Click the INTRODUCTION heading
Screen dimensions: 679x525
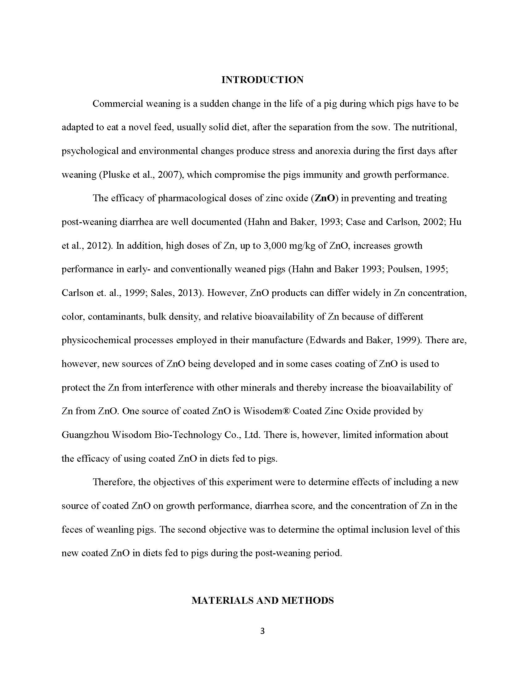[x=262, y=80]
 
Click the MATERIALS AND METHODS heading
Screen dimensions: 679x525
[x=262, y=600]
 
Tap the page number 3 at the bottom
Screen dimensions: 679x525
[x=262, y=631]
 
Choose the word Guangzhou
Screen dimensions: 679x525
[x=85, y=435]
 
